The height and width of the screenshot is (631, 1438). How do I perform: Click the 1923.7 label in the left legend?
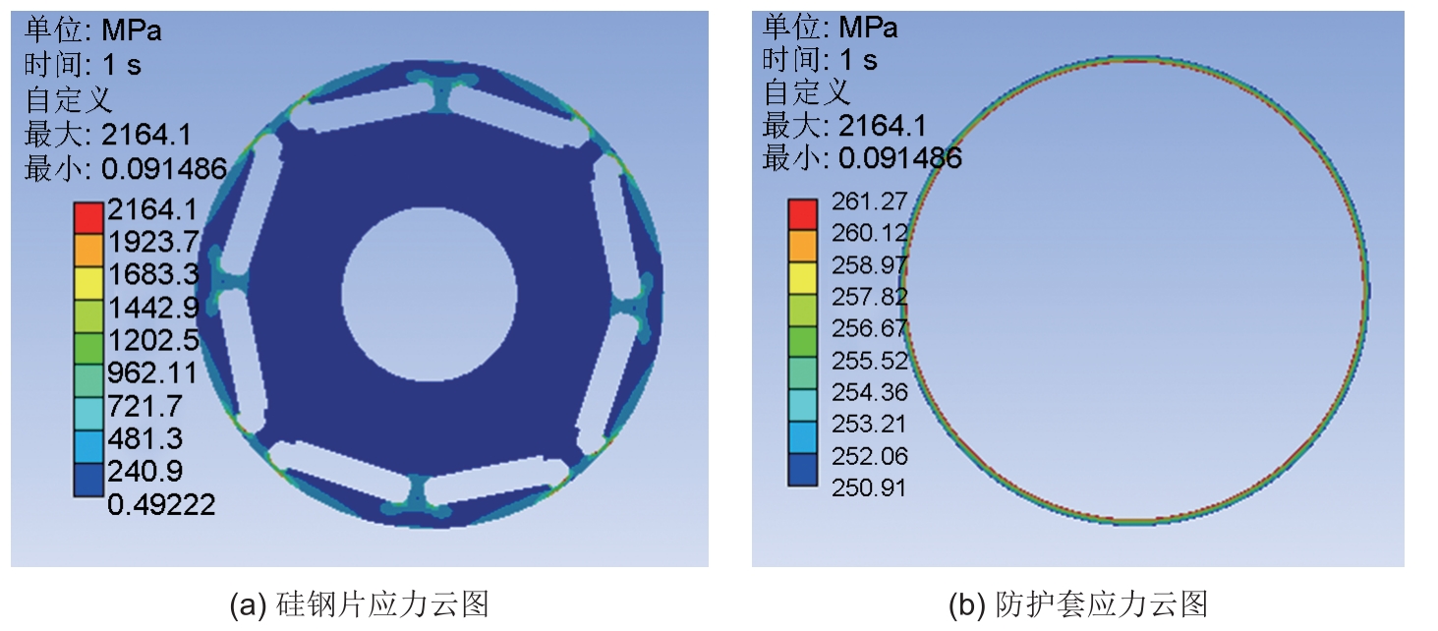coord(152,242)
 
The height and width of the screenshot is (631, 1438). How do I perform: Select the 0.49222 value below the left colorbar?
coord(161,504)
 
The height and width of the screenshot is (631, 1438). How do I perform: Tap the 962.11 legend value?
coord(152,373)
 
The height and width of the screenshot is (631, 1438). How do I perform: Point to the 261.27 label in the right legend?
coord(869,201)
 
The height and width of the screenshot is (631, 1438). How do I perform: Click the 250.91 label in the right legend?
coord(869,488)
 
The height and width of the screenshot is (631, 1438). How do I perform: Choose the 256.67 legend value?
coord(869,328)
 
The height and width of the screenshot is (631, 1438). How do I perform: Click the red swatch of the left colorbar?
coord(88,217)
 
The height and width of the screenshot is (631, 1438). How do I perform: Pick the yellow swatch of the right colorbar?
coord(802,278)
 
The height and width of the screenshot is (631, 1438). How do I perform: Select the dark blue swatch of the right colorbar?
coord(802,469)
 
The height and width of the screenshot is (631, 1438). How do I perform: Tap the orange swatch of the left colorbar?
coord(88,250)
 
